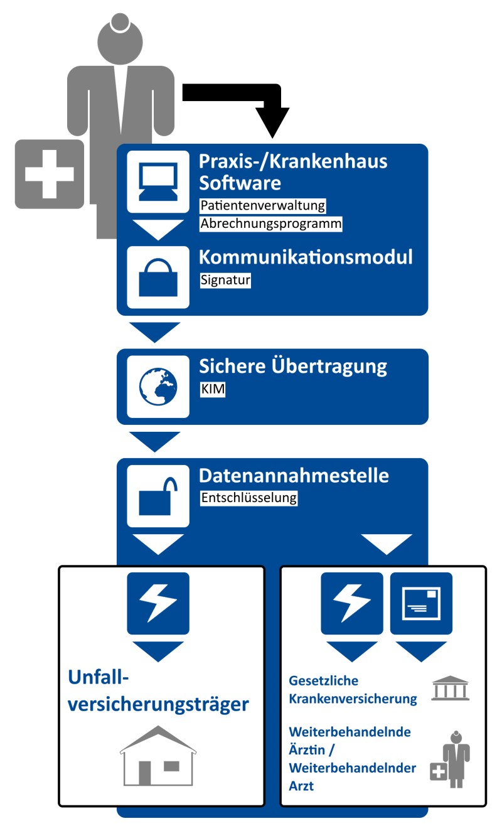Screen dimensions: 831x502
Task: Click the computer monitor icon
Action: pos(158,182)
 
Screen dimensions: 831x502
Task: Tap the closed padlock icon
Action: pos(158,277)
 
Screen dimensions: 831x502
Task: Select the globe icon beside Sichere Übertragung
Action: pos(158,387)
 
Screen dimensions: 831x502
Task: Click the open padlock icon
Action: pos(158,496)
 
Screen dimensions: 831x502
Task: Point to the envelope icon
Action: pos(421,603)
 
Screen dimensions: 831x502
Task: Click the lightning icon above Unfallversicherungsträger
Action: pos(158,603)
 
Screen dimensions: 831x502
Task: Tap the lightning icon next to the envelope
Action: pos(351,603)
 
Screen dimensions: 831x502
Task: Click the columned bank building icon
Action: pos(451,689)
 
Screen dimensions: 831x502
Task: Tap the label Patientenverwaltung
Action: pos(263,205)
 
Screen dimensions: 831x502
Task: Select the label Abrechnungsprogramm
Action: pos(271,224)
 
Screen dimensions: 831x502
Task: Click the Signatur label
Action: pos(225,281)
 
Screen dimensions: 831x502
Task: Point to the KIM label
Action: pos(212,390)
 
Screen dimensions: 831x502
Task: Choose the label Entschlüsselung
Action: pos(248,499)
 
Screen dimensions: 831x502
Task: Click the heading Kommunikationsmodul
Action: pos(306,257)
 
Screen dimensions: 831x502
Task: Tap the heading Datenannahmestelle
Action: pos(294,476)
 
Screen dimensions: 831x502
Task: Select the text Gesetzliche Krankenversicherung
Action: pos(353,689)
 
